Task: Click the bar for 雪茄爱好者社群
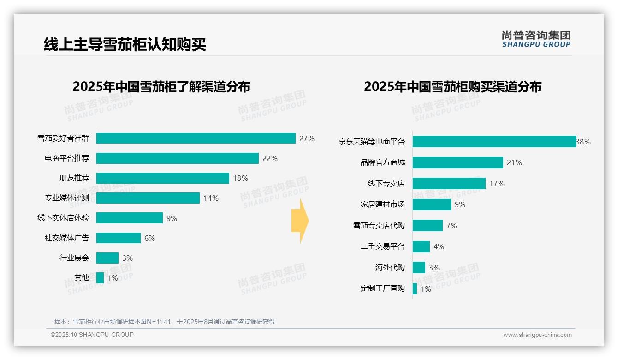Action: pos(196,138)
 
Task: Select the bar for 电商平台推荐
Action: pos(177,158)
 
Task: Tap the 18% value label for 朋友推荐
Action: pos(240,178)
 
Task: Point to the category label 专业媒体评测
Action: pos(67,198)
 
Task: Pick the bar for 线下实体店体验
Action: pos(129,218)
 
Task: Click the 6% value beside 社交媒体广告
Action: pos(149,238)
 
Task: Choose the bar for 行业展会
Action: pos(107,258)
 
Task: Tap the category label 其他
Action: pos(81,278)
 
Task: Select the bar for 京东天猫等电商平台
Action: pos(494,142)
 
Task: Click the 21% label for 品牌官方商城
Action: pos(514,163)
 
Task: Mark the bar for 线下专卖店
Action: pos(449,184)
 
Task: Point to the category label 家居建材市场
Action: pos(382,204)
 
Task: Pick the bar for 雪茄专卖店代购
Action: pos(428,226)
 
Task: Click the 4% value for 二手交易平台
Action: pos(439,247)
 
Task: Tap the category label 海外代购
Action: pos(390,268)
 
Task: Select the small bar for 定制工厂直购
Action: pos(415,289)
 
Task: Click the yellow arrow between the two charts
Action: pos(300,221)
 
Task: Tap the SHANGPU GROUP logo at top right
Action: pos(536,39)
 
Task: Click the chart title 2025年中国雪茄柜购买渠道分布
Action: pos(452,87)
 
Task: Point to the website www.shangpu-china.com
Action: pos(537,335)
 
